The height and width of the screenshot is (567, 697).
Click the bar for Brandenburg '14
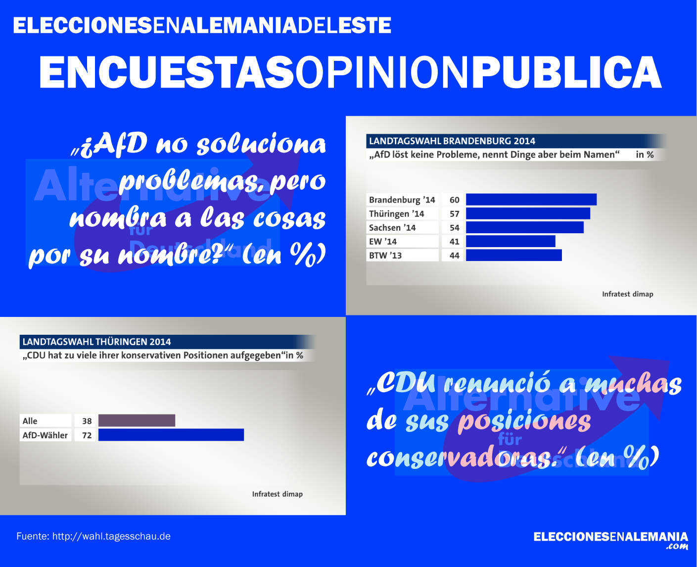[531, 200]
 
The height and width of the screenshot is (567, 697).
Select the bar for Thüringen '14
[528, 213]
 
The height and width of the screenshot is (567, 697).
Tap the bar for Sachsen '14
[524, 227]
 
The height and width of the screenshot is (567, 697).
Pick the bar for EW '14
[511, 241]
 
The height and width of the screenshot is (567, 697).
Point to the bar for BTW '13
[513, 255]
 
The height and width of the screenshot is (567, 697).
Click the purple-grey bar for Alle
[137, 420]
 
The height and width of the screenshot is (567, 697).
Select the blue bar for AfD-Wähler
[171, 435]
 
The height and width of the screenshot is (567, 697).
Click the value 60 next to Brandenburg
[454, 200]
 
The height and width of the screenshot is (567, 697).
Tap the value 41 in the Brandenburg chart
[454, 242]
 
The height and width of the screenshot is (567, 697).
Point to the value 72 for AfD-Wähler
[87, 435]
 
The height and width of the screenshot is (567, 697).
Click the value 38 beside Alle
[87, 421]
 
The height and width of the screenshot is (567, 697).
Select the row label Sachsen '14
[392, 228]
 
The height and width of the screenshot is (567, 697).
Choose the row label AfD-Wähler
[45, 435]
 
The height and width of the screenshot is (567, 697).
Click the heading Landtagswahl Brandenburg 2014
[452, 141]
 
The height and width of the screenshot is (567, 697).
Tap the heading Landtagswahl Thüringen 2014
[97, 342]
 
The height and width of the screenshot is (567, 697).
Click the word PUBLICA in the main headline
[567, 72]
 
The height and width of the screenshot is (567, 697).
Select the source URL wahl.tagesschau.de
[111, 536]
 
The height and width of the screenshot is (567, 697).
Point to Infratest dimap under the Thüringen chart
[277, 494]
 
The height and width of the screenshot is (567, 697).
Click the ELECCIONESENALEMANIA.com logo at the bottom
[610, 540]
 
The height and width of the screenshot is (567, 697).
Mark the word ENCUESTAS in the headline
[167, 72]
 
